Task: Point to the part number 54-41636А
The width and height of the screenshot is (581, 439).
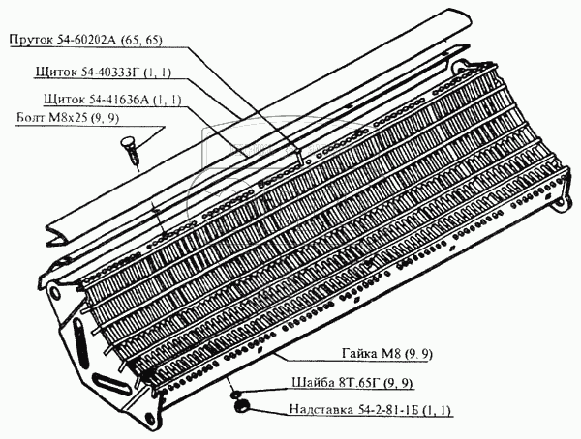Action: click(x=113, y=100)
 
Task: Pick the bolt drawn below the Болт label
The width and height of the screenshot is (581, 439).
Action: click(x=130, y=150)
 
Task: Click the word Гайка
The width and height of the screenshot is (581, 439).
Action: click(x=358, y=354)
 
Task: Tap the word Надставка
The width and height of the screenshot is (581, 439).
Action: click(x=321, y=410)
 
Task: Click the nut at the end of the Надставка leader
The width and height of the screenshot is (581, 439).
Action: click(x=241, y=406)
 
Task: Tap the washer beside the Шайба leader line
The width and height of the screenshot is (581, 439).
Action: click(x=236, y=395)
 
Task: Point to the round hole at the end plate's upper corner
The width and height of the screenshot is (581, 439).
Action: click(x=54, y=292)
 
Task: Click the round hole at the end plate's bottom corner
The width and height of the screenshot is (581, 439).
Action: click(x=149, y=419)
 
